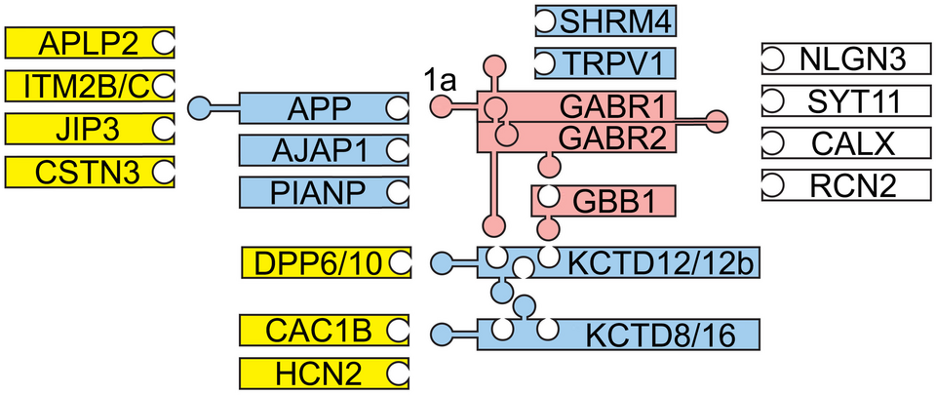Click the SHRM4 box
point(605,20)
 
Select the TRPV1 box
point(605,63)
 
